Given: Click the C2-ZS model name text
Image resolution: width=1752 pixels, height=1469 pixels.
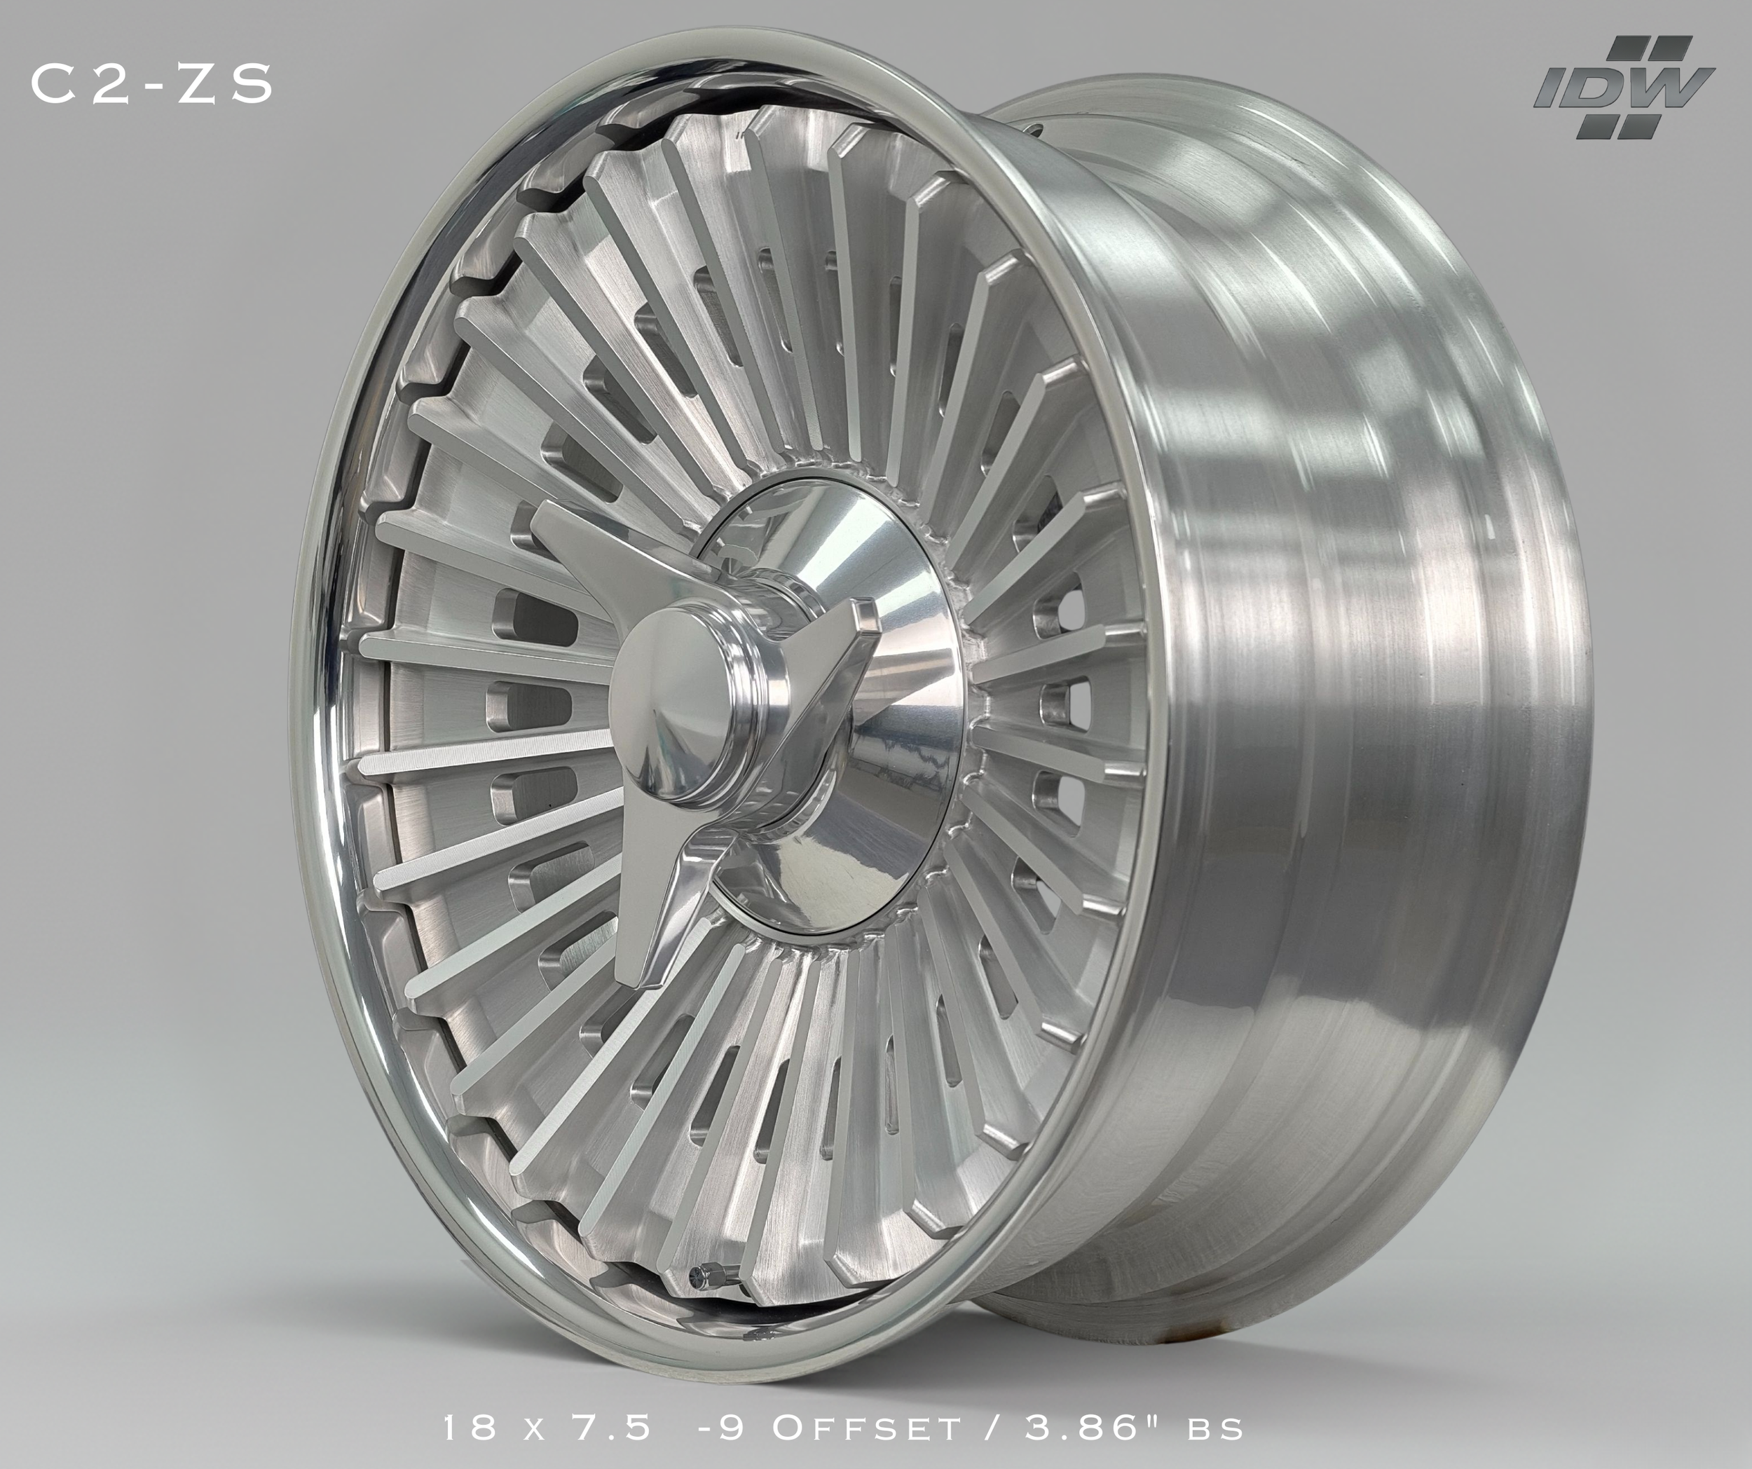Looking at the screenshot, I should (152, 84).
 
